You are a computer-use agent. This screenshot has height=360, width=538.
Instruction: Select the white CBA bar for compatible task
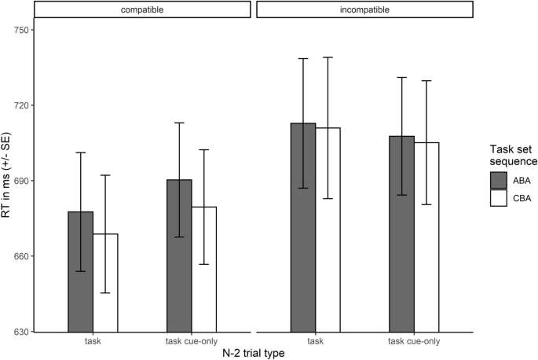[105, 282]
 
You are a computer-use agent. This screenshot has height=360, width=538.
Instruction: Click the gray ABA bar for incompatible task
[303, 227]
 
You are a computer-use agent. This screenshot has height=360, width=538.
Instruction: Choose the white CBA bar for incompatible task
[328, 229]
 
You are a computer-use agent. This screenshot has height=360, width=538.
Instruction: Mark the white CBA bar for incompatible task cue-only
[426, 237]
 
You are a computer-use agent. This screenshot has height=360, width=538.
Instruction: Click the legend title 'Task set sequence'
[510, 154]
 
